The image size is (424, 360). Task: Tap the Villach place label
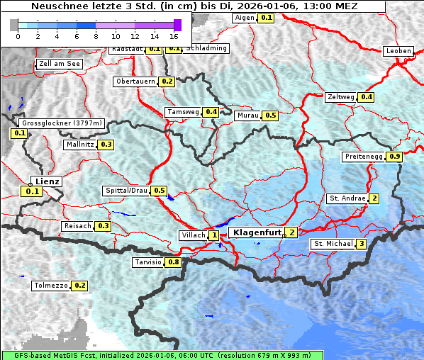pos(193,235)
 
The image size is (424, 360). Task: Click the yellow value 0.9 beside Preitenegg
pos(395,157)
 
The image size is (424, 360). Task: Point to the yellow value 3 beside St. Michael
pos(362,244)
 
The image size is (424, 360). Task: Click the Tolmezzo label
pos(51,286)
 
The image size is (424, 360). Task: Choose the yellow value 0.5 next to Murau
pos(270,115)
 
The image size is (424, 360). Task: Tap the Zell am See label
pos(60,64)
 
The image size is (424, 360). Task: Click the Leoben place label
pos(398,51)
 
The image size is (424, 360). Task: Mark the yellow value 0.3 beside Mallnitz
pos(106,145)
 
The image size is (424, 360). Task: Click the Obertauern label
pos(135,81)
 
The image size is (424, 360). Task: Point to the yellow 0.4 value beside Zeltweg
pos(367,97)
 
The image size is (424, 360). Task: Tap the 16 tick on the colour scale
pos(174,35)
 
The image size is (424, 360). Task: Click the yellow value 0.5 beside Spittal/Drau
pos(159,191)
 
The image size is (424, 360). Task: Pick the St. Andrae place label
pos(347,198)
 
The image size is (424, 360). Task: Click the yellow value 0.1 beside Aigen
pos(266,17)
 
